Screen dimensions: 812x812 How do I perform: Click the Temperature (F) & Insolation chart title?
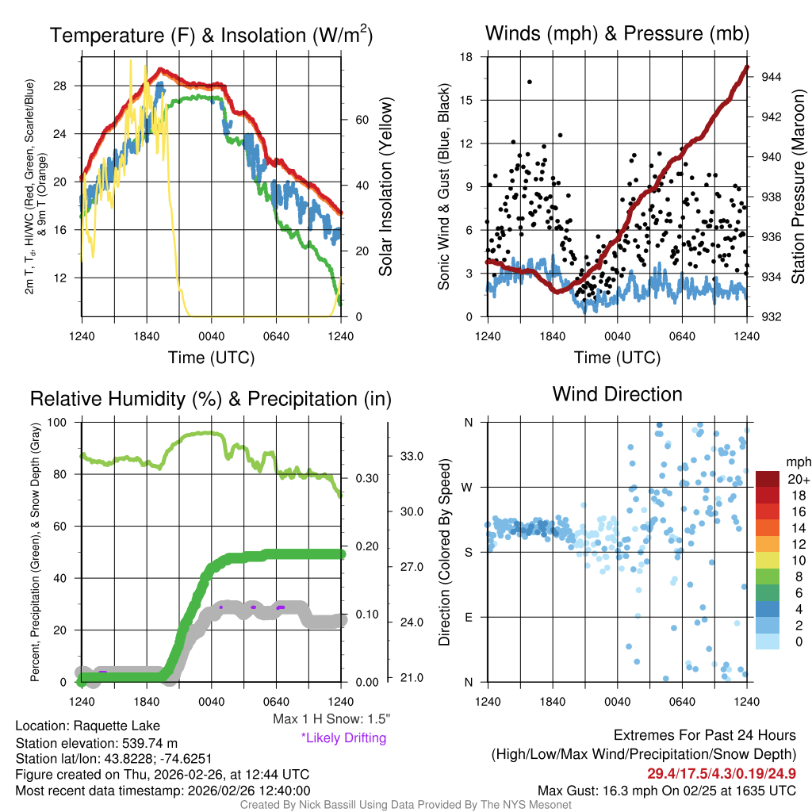[x=211, y=36]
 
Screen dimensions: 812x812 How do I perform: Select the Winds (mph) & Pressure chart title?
[x=617, y=34]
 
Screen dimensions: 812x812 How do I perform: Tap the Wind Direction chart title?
[x=617, y=394]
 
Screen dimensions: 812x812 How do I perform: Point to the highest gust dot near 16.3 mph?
[x=529, y=82]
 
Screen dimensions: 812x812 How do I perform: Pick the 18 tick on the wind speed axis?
[x=466, y=57]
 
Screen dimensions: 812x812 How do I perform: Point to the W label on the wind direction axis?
[x=469, y=487]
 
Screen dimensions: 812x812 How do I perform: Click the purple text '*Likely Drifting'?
[x=343, y=737]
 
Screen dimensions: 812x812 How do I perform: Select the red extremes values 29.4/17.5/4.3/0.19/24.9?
[x=722, y=773]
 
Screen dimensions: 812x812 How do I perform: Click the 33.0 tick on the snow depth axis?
[x=410, y=456]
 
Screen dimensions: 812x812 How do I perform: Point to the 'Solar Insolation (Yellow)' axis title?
[x=386, y=187]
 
